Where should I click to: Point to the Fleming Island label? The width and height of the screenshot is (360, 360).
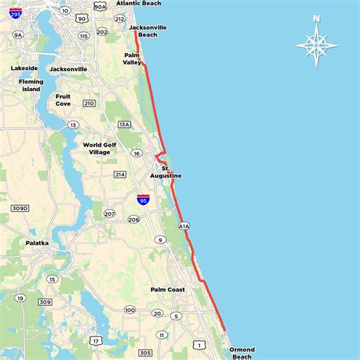[31, 84]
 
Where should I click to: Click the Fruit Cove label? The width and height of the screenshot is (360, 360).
[68, 99]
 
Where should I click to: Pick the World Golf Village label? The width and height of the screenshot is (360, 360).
[107, 148]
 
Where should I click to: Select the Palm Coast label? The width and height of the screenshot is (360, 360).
[167, 289]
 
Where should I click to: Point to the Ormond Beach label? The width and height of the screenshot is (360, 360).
[242, 352]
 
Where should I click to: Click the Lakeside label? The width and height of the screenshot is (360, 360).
[24, 68]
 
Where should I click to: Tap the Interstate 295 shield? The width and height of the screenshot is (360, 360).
[15, 12]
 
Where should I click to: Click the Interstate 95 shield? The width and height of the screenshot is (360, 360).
[143, 200]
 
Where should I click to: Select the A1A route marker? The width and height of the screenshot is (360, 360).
[184, 226]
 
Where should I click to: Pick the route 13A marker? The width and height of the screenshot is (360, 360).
[125, 124]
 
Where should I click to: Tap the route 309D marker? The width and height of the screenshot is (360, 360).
[20, 207]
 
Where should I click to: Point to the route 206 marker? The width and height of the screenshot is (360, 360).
[134, 219]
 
